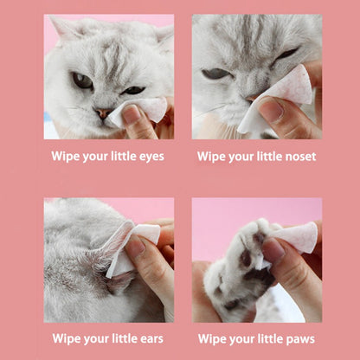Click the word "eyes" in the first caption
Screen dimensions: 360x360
tap(147, 157)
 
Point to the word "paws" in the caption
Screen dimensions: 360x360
tap(298, 338)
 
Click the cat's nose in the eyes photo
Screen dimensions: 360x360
tap(102, 112)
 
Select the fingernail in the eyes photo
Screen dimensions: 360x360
tap(131, 113)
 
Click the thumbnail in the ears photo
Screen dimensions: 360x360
tap(135, 248)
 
